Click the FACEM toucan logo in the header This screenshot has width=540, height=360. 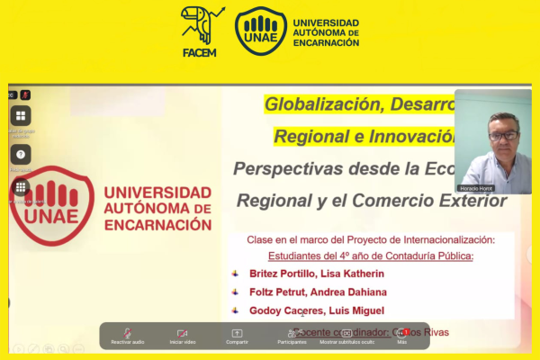tap(202, 30)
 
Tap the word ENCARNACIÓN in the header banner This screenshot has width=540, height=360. tap(326, 43)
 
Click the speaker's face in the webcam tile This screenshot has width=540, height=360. tap(503, 135)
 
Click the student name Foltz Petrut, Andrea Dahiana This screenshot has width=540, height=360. tap(319, 292)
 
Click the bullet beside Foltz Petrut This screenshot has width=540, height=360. tap(236, 292)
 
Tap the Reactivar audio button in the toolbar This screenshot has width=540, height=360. tap(127, 336)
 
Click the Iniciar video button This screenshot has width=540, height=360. tap(182, 336)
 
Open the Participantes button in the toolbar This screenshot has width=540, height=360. tap(291, 336)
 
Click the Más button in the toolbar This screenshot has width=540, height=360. tap(402, 336)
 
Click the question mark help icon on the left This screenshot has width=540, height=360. tap(20, 154)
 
